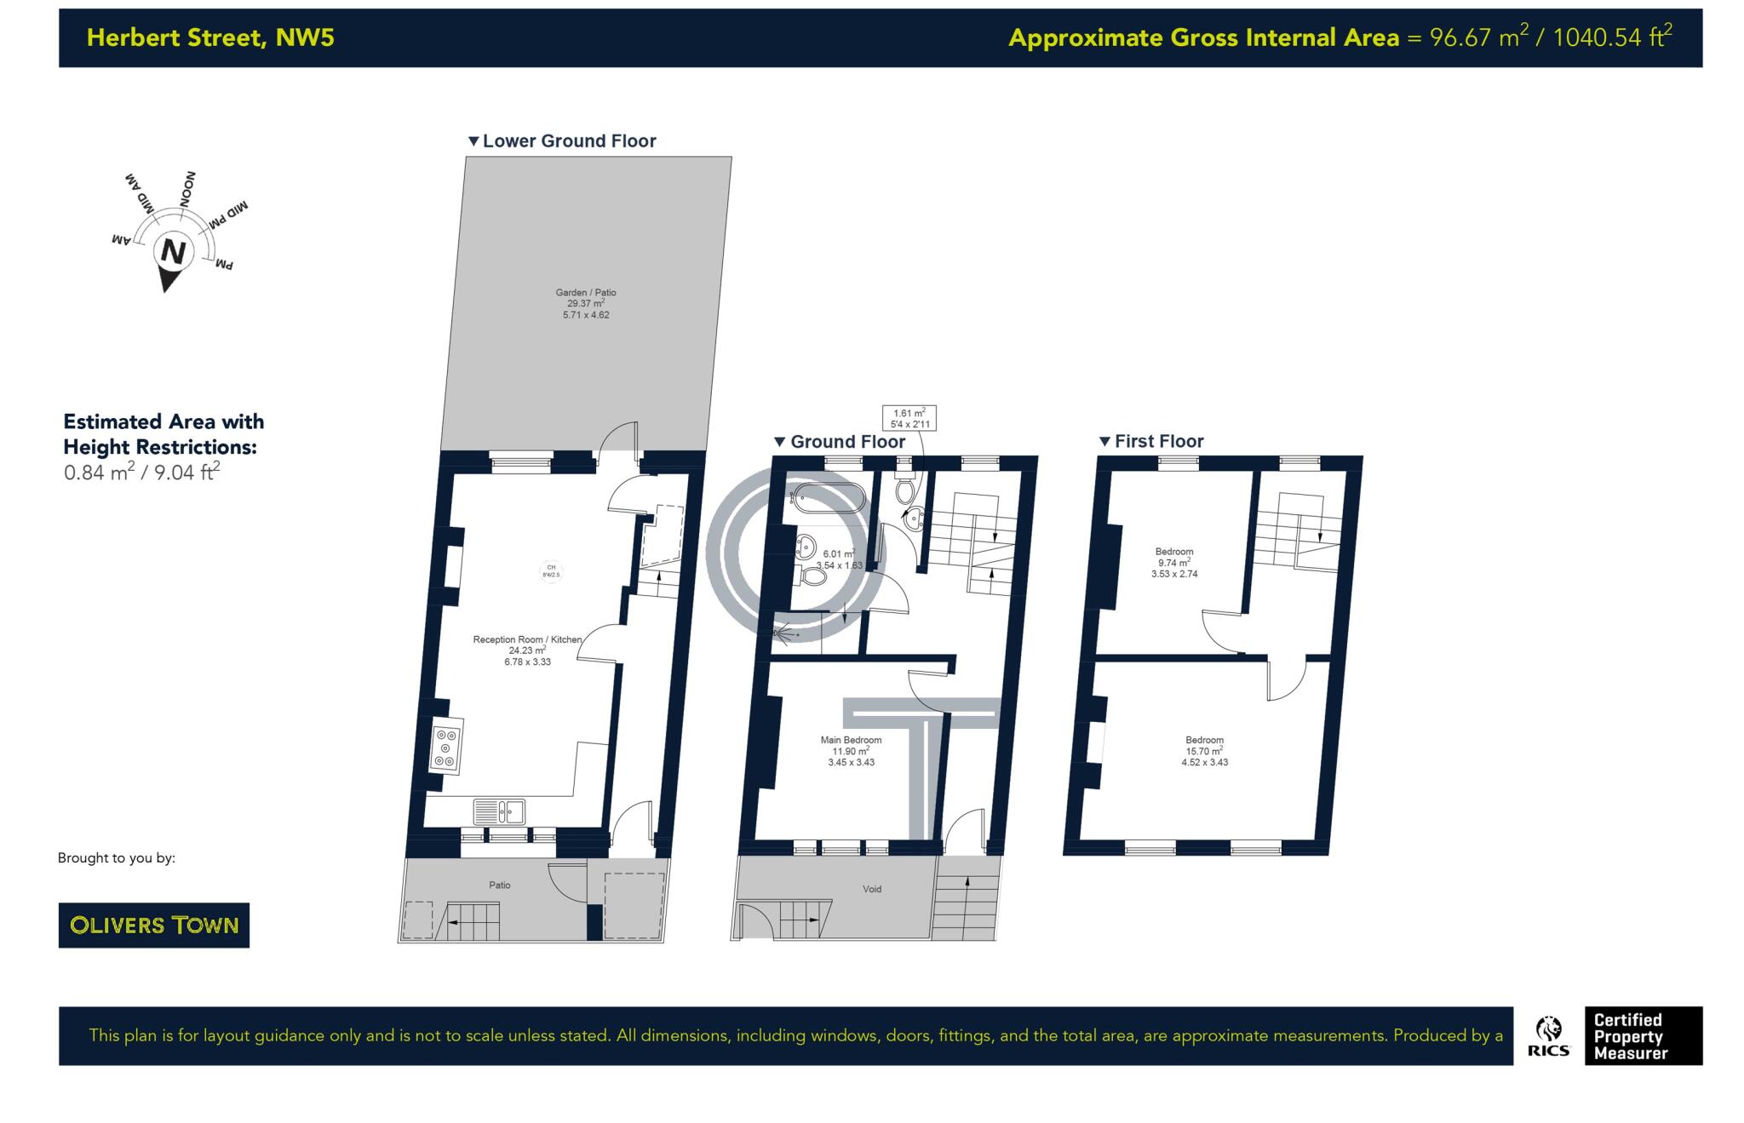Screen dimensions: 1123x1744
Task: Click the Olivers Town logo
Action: tap(153, 925)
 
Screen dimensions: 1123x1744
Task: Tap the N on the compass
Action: tap(174, 253)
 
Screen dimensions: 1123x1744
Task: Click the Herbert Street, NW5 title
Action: tap(210, 37)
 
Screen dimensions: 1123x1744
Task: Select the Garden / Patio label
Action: tap(586, 293)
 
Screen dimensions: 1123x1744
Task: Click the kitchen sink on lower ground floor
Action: tap(499, 811)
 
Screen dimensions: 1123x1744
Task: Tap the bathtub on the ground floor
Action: tap(828, 498)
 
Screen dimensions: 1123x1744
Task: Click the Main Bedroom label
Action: tap(851, 740)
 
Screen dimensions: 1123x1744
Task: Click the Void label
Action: tap(872, 889)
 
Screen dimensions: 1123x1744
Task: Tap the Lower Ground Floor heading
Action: tap(569, 141)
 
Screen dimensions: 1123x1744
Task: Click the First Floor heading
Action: tap(1158, 441)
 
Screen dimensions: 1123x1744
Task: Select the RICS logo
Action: tap(1548, 1036)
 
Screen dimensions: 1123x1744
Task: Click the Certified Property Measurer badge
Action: tap(1643, 1036)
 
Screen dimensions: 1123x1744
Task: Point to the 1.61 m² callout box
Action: tap(909, 418)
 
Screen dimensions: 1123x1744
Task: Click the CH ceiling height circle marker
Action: tap(551, 571)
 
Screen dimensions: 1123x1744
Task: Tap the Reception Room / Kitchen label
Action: tap(527, 639)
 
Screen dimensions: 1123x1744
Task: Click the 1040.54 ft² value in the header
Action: tap(1612, 37)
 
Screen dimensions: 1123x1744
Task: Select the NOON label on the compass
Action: tap(187, 190)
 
